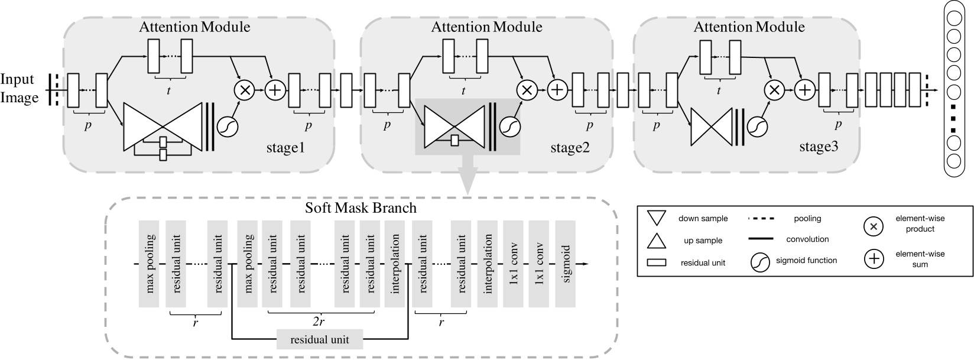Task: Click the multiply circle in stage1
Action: tap(243, 90)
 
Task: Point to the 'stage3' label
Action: tap(818, 147)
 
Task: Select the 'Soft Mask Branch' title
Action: tap(361, 208)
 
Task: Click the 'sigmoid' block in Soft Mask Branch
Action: tap(566, 264)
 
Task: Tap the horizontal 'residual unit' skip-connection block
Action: tap(320, 339)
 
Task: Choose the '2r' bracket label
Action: tap(320, 321)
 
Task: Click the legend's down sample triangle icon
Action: tap(657, 218)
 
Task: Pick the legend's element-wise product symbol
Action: tap(874, 225)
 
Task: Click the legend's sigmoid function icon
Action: tap(761, 261)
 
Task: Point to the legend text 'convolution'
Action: tap(807, 239)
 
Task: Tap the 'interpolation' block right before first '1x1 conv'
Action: tap(488, 264)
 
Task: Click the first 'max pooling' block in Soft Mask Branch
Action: tap(149, 264)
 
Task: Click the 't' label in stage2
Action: tap(463, 90)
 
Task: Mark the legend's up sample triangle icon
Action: tap(657, 241)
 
